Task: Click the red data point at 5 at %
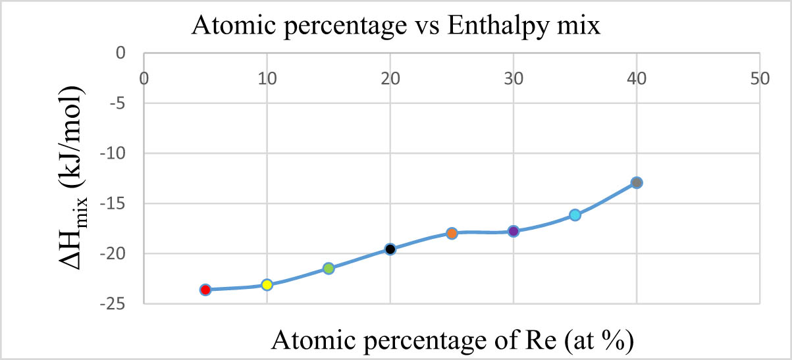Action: (x=205, y=290)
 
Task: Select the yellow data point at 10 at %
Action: (x=267, y=285)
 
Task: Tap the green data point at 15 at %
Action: (x=329, y=268)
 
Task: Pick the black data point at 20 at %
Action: (x=390, y=249)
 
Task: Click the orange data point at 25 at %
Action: (x=452, y=233)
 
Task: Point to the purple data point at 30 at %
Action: (x=514, y=231)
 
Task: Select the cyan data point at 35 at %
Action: (x=575, y=215)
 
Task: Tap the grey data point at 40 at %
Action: (x=637, y=182)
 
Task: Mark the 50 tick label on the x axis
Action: (x=760, y=78)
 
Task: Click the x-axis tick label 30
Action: (x=514, y=78)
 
